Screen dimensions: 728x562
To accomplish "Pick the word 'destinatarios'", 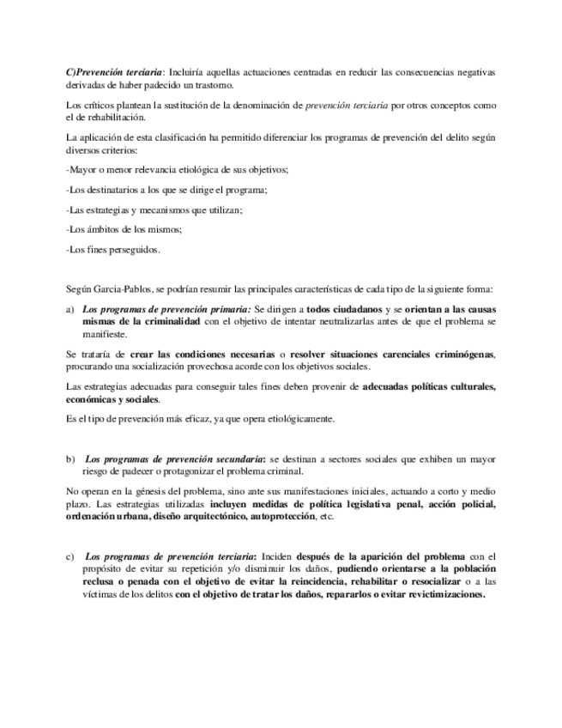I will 110,190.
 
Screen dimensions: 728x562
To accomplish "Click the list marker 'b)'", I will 70,458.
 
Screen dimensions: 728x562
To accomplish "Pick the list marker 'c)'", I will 69,556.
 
